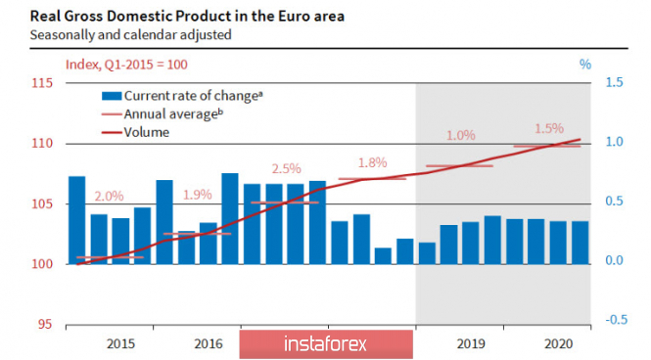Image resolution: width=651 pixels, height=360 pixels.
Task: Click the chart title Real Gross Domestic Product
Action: pos(131,17)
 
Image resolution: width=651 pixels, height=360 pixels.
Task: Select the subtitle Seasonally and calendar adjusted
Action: pos(131,34)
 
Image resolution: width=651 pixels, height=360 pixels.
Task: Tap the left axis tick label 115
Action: pos(42,83)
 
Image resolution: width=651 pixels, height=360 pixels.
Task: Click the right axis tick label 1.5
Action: pos(615,82)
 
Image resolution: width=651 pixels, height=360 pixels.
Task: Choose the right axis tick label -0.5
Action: pos(616,320)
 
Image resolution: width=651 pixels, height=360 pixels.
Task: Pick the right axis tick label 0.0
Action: pos(615,260)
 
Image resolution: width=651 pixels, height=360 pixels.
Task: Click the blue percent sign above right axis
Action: pos(585,65)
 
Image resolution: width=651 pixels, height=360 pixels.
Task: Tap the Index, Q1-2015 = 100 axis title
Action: pos(126,65)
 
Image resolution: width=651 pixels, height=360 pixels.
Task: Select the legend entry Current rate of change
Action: pos(183,96)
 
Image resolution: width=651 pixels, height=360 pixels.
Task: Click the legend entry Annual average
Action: pos(163,114)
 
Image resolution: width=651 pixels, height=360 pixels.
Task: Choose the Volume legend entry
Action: pos(136,132)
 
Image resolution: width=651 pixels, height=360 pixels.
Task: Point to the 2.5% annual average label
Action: pos(287,169)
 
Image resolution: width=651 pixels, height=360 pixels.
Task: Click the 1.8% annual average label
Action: pos(373,163)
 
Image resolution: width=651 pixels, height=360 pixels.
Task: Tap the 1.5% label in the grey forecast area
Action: pos(549,128)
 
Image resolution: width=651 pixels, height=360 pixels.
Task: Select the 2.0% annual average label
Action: pos(110,197)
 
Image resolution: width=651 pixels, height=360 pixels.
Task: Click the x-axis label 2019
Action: pos(471,343)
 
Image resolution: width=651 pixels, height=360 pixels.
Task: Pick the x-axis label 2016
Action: pos(209,343)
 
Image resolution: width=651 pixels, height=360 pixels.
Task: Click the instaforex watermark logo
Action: pos(326,344)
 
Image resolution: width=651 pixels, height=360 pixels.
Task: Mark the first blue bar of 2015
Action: pos(77,220)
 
